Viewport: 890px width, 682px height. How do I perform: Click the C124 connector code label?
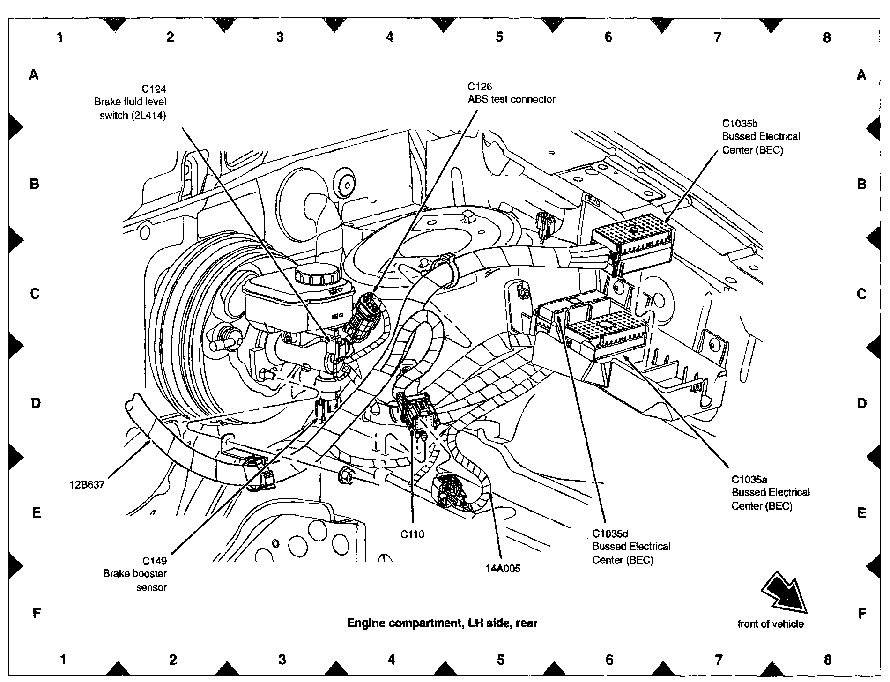[x=154, y=89]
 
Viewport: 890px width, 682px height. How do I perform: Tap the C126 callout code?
[x=480, y=87]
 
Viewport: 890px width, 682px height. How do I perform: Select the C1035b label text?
[x=740, y=124]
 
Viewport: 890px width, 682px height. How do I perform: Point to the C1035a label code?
[x=749, y=479]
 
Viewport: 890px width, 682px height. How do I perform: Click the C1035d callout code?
[x=610, y=533]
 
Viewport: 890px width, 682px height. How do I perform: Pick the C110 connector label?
[x=412, y=534]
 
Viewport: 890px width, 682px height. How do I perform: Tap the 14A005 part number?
[x=503, y=569]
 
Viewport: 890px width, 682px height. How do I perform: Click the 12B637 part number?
[x=87, y=484]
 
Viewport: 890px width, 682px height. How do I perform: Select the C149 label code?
[x=155, y=561]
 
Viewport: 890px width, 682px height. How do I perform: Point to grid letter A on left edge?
[x=33, y=74]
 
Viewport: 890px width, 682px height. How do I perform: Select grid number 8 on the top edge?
[x=826, y=37]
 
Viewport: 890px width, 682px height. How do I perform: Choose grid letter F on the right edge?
[x=861, y=613]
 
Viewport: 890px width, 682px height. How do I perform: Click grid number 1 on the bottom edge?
[x=63, y=660]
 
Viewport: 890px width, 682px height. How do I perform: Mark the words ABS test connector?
[x=512, y=99]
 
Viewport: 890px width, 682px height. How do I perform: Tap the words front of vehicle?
[x=771, y=624]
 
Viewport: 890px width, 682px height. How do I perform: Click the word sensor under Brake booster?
[x=151, y=587]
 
